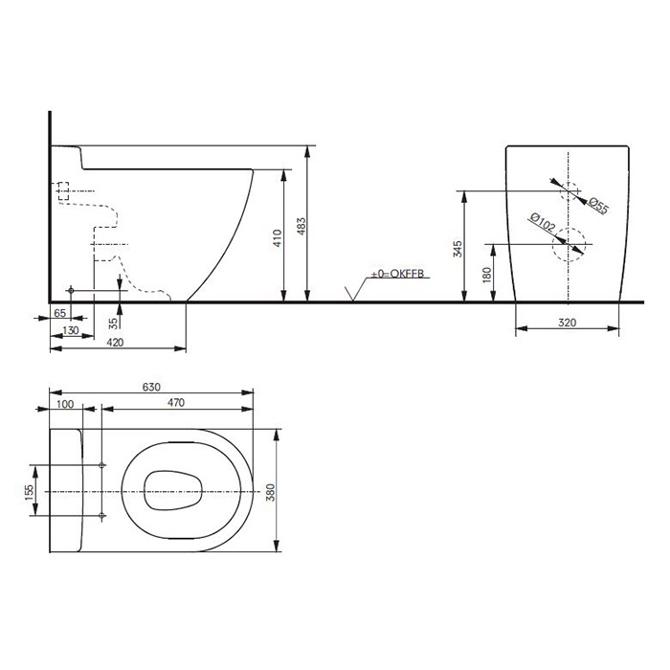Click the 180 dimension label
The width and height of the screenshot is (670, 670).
pos(485,275)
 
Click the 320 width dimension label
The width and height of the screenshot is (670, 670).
pos(567,324)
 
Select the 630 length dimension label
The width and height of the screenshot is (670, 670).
pos(150,388)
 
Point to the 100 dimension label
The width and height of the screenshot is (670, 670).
pos(66,404)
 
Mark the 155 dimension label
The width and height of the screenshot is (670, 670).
pos(29,490)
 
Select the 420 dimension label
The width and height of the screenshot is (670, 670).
pos(115,342)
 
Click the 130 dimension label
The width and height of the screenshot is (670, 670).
pos(70,328)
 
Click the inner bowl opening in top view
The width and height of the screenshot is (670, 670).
pos(173,491)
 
